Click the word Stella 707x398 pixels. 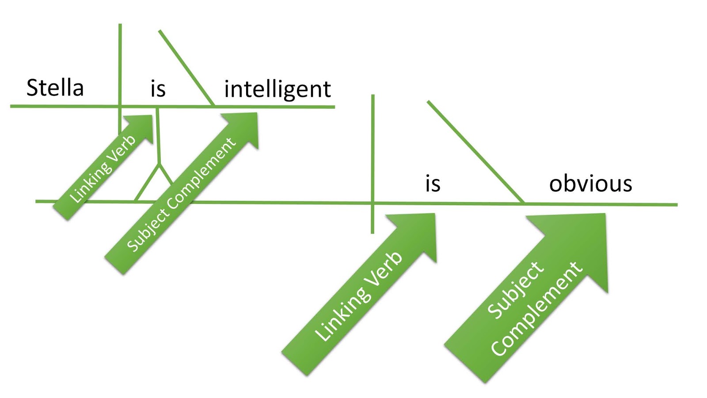(x=55, y=88)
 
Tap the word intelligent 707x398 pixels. (x=277, y=89)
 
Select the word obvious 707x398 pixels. (x=590, y=184)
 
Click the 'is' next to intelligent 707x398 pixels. (x=158, y=88)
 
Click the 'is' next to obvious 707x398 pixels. (x=433, y=184)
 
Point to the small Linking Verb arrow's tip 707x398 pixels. (x=151, y=117)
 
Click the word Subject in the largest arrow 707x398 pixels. (x=515, y=290)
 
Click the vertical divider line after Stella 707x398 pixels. (x=120, y=66)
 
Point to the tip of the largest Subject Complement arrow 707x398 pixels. (x=604, y=215)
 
